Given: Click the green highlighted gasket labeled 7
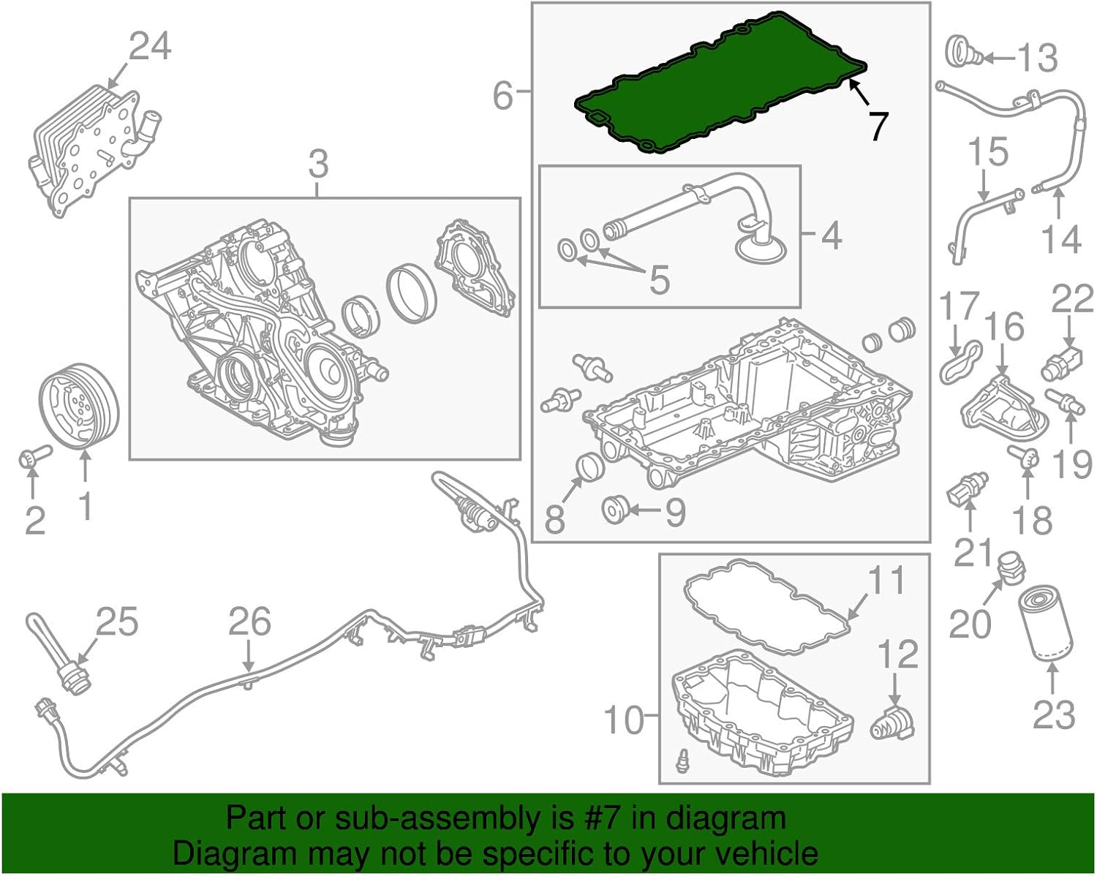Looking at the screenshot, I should pos(720,84).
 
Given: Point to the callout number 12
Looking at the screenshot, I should pos(897,653).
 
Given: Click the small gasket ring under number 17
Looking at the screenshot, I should pos(957,361).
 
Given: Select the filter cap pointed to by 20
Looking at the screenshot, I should pos(1011,567).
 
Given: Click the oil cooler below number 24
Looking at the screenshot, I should pos(84,150).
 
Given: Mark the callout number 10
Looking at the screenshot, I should pos(623,720).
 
